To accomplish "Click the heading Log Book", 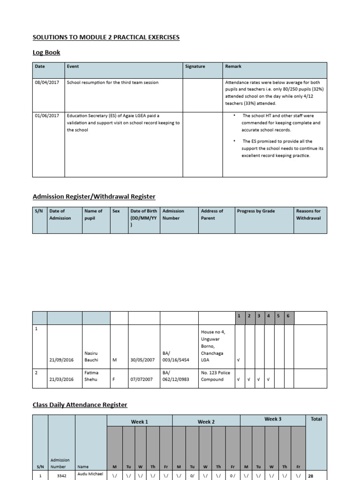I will pyautogui.click(x=46, y=52).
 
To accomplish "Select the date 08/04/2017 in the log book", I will pyautogui.click(x=47, y=82).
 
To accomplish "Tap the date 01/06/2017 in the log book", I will pyautogui.click(x=47, y=115).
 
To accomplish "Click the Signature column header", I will pyautogui.click(x=195, y=67).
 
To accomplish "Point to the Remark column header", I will pyautogui.click(x=233, y=67).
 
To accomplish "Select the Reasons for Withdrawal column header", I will pyautogui.click(x=308, y=215).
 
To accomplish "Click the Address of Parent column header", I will pyautogui.click(x=212, y=215).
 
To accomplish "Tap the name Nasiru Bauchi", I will pyautogui.click(x=91, y=356).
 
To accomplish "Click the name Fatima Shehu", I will pyautogui.click(x=91, y=376).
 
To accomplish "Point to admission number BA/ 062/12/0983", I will pyautogui.click(x=176, y=376).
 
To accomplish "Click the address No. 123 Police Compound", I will pyautogui.click(x=215, y=376).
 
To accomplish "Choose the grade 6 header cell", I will pyautogui.click(x=288, y=316).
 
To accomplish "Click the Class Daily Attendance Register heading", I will pyautogui.click(x=80, y=405).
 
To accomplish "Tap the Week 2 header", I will pyautogui.click(x=206, y=421).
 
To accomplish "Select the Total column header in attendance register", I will pyautogui.click(x=316, y=419).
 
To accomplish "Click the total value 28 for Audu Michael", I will pyautogui.click(x=310, y=475).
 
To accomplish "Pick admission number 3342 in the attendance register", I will pyautogui.click(x=61, y=475).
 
